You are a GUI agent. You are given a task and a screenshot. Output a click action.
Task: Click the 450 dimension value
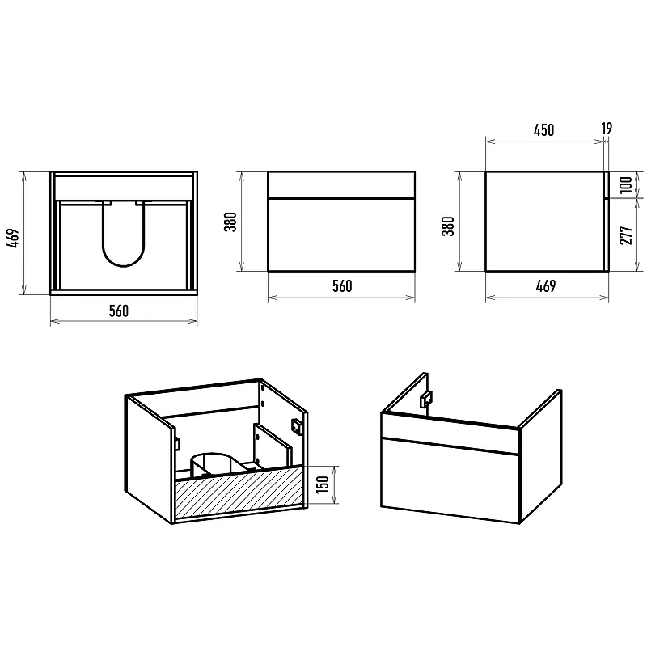tap(543, 130)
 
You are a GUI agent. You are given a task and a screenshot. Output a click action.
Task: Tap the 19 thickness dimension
tap(607, 129)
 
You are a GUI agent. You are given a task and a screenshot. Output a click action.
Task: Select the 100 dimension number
tap(626, 184)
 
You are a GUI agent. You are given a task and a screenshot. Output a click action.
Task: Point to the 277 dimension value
tap(626, 235)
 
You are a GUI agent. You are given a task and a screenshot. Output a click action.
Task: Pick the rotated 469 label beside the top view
tap(13, 238)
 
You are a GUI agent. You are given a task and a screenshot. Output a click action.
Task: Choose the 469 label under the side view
tap(545, 286)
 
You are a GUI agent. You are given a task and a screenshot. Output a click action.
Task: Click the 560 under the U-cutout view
tap(118, 311)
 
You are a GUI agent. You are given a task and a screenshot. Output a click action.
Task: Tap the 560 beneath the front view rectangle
tap(342, 286)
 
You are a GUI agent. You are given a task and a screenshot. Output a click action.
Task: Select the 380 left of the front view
tap(230, 222)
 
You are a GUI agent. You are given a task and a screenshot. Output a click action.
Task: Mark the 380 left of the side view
tap(448, 226)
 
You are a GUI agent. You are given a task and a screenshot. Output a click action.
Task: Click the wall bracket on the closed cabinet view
tap(426, 400)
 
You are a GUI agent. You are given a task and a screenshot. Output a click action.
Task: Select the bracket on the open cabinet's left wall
tap(177, 443)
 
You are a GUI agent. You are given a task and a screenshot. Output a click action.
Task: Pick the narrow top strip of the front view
tap(341, 184)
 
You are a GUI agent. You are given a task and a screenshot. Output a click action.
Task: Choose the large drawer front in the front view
tap(341, 235)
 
